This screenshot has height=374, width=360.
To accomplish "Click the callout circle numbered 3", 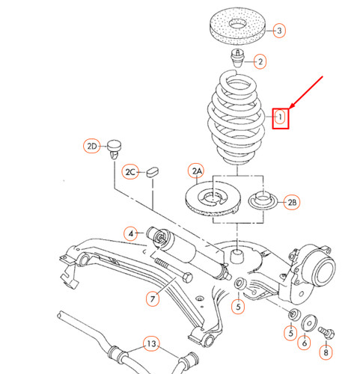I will [x=278, y=31].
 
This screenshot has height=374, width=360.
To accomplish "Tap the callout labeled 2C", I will [x=132, y=171].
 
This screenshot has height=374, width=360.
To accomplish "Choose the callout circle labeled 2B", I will [x=292, y=201].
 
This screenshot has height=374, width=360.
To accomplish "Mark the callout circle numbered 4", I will [x=131, y=234].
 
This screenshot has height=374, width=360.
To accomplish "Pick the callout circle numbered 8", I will [x=325, y=352].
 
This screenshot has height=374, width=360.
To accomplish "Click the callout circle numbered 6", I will [x=304, y=343].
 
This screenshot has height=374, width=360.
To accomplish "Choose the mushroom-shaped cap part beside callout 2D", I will [x=114, y=146].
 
